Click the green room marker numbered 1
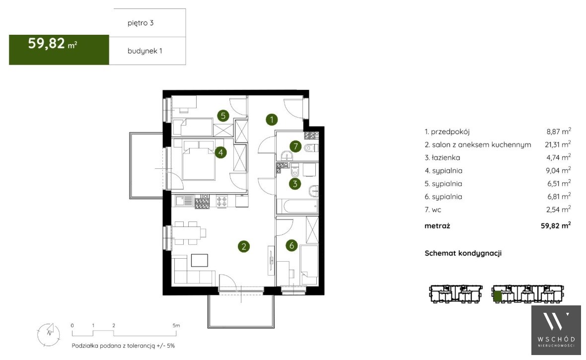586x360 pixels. pos(272,120)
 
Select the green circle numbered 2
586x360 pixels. pos(244,246)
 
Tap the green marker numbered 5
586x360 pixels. pos(223,116)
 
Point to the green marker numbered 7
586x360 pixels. pos(295,146)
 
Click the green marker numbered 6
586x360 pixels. pos(292,245)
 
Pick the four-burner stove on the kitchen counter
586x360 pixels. pos(222,202)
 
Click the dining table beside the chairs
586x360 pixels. pos(186,233)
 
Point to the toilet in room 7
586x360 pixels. pos(311,148)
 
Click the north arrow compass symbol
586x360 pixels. pos(49,334)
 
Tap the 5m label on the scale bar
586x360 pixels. pos(176,326)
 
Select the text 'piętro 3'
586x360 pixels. pos(141,23)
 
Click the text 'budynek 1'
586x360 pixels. pos(145,51)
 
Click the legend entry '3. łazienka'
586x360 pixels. pos(442,157)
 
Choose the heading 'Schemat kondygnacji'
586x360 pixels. pos(463,253)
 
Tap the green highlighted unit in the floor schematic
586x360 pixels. pos(497,296)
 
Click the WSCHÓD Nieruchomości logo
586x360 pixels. pos(556,330)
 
